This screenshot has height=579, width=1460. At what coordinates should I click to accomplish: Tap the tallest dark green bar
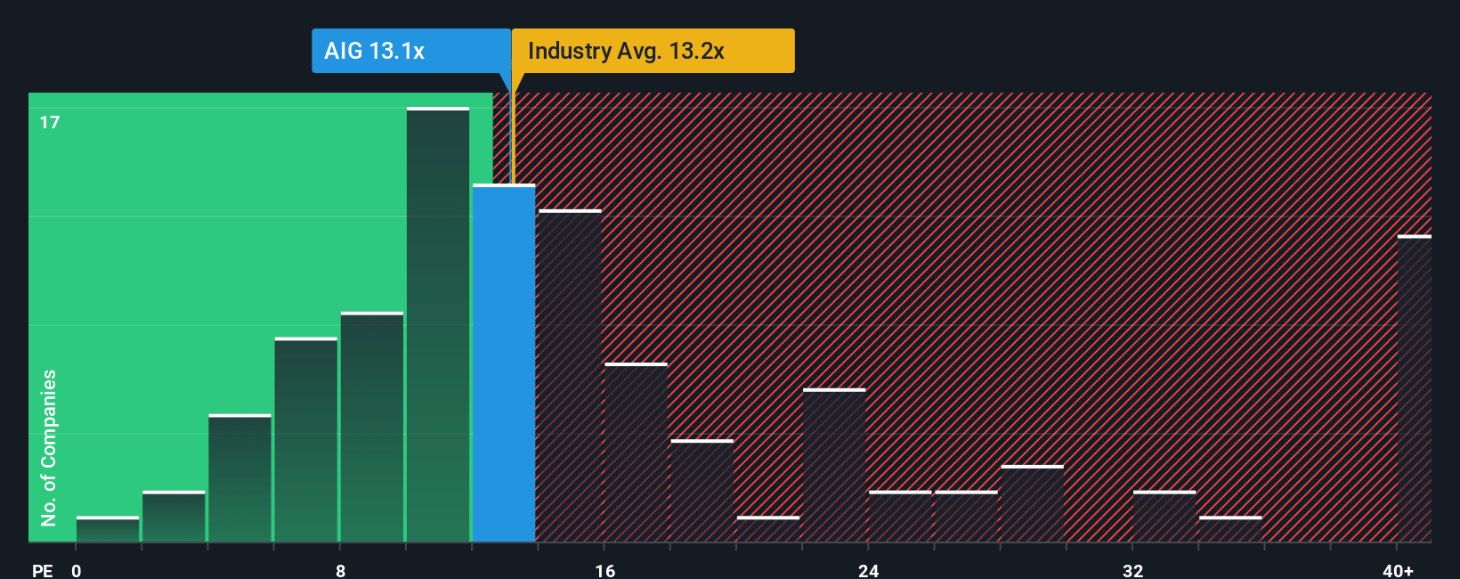pos(438,325)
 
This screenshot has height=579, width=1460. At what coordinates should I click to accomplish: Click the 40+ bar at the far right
pos(1414,388)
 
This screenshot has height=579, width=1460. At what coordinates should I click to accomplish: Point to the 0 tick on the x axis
pos(77,570)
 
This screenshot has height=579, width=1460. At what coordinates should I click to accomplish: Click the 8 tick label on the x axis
pos(340,570)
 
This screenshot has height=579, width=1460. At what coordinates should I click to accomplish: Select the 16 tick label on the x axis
pos(604,570)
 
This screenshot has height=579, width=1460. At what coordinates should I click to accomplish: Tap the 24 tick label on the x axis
pos(868,570)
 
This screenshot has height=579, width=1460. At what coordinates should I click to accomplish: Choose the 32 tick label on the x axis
pos(1132,570)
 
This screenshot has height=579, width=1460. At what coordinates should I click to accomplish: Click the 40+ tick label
pos(1398,570)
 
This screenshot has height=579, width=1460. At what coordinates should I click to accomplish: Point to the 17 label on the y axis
pos(50,122)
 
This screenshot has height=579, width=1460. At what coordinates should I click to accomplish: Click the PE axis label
pos(42,570)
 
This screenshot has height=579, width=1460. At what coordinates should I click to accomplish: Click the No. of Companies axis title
pos(49,447)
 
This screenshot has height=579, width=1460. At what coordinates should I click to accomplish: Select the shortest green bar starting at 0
pos(108,529)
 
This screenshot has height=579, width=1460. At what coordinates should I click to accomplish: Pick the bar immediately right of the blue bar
pos(570,376)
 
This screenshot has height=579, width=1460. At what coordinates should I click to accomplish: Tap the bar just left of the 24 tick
pos(834,465)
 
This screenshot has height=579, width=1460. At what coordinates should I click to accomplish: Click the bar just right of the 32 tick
pos(1164,517)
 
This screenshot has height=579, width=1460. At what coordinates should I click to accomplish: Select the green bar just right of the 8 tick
pos(372,428)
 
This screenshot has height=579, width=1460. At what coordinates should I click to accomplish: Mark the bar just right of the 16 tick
pos(636,453)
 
